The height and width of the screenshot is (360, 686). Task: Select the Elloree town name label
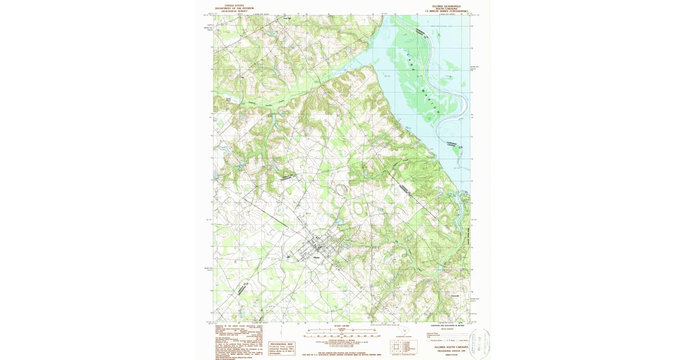[x=318, y=259]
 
